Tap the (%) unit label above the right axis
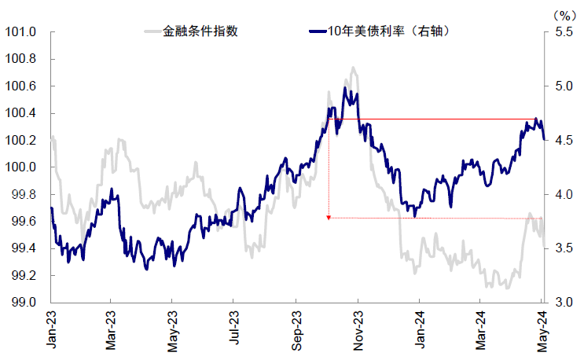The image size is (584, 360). tap(564, 14)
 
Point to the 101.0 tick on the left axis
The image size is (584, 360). tap(22, 32)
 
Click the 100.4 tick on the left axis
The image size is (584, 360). tap(22, 113)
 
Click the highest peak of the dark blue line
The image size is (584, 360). tap(344, 88)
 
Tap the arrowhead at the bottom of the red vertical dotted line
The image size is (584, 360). tap(329, 216)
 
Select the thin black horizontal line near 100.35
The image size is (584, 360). tap(440, 119)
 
